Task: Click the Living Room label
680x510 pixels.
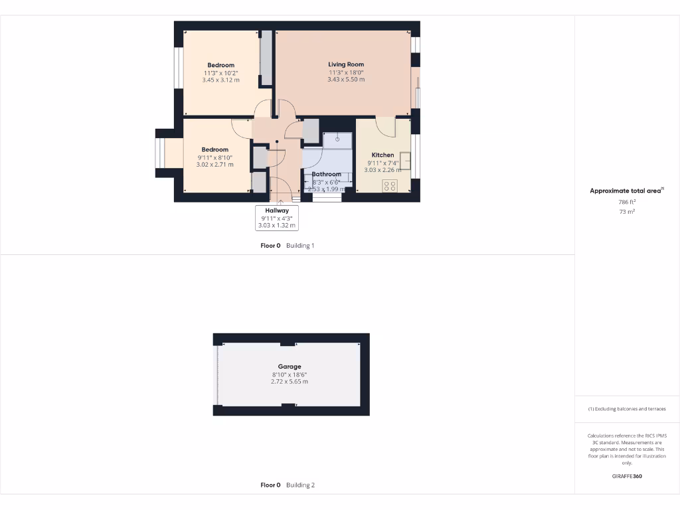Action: click(346, 64)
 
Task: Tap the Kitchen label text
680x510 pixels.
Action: click(382, 155)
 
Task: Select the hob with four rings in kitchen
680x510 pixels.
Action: click(390, 186)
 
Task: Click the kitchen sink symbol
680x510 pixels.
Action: click(405, 161)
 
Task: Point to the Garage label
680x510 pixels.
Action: click(290, 367)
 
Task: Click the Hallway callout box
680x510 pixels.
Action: click(277, 218)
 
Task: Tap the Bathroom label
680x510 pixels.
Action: click(327, 174)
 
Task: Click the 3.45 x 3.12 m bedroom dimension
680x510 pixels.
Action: click(220, 80)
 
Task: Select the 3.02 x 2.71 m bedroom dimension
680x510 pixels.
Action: click(214, 164)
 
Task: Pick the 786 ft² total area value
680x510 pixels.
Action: click(627, 202)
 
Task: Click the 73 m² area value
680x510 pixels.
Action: click(627, 212)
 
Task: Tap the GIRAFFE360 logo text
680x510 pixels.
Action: click(627, 476)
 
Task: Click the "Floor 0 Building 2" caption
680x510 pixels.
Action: click(288, 485)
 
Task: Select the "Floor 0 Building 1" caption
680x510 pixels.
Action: click(287, 246)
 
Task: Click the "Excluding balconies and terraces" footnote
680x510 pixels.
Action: click(627, 409)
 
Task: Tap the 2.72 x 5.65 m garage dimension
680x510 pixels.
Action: click(290, 382)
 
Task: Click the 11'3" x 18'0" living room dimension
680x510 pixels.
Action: click(346, 72)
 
